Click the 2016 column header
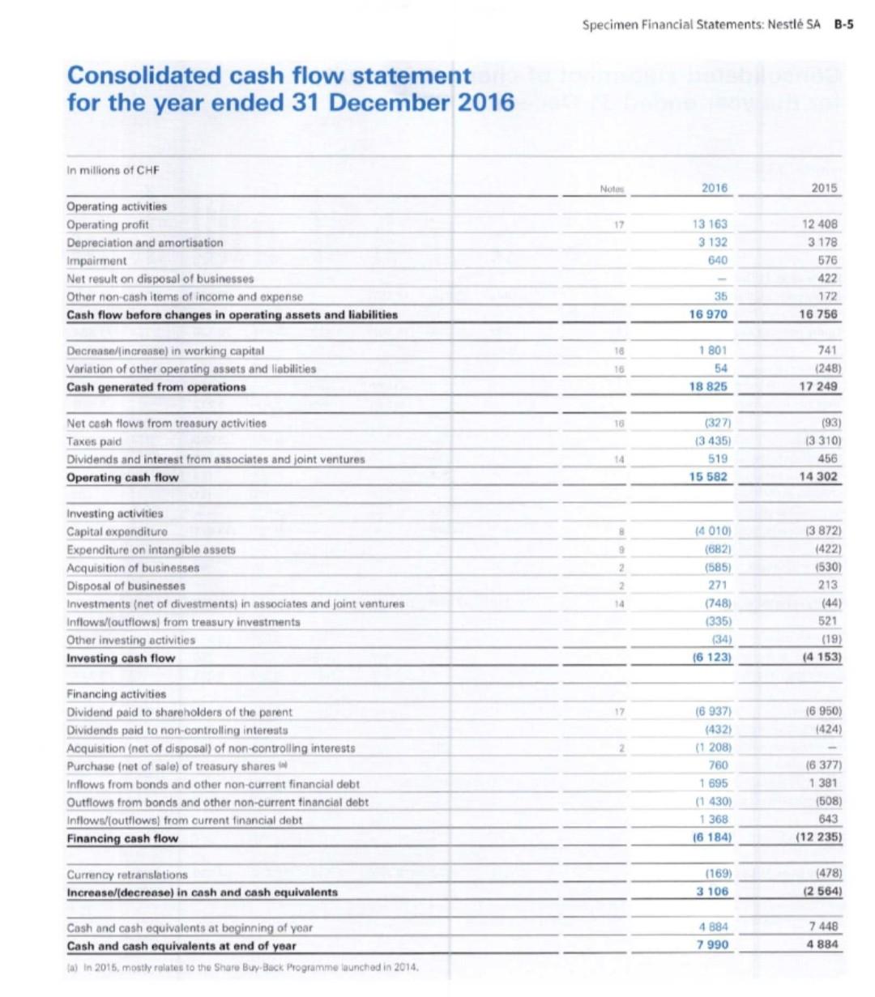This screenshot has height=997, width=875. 714,188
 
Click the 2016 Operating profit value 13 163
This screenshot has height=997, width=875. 711,224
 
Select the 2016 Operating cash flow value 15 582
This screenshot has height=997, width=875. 709,477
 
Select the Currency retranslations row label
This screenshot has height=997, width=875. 126,875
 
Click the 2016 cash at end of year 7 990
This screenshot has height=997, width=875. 713,945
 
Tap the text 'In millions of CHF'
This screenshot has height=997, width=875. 113,170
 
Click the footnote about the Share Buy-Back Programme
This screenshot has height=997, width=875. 243,967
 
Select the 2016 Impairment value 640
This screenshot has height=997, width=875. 718,261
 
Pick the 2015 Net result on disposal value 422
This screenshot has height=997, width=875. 827,279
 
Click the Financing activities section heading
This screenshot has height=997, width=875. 116,694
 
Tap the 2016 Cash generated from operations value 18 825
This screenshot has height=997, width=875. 709,387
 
